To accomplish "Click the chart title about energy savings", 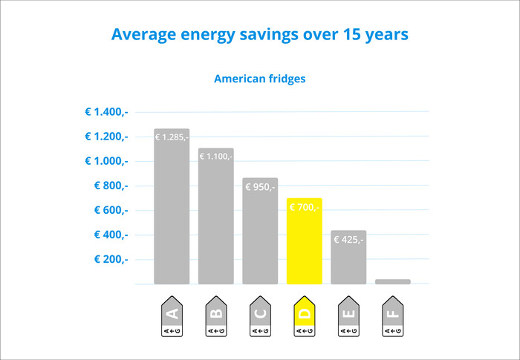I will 259,35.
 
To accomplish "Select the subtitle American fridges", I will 259,78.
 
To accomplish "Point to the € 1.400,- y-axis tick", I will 106,112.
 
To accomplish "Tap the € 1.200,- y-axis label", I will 106,137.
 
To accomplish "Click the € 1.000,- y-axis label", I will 106,161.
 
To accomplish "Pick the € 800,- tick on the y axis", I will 111,186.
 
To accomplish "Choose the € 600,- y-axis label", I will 111,210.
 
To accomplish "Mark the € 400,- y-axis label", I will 111,235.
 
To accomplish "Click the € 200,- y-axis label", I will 111,259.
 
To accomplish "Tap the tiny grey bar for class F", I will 392,281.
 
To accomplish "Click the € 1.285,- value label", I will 172,137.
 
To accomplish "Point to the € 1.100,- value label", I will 215,156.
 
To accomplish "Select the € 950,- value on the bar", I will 260,187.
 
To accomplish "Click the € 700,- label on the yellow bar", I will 304,208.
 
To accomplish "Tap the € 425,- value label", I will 348,240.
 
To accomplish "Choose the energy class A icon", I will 172,318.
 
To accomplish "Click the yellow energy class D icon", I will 304,318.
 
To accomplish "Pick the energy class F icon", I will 392,318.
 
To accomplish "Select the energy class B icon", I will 215,318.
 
